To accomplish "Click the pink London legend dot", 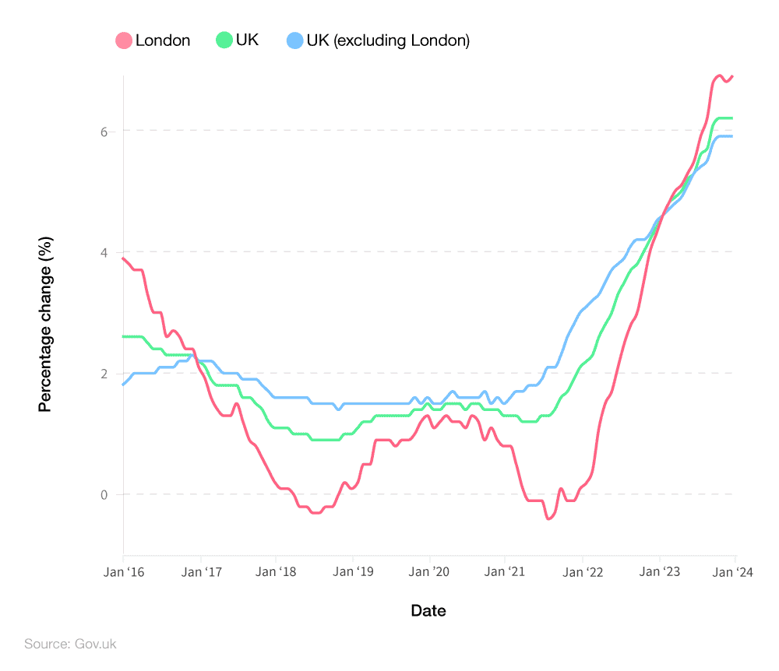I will pos(124,40).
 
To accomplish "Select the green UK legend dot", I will pos(224,40).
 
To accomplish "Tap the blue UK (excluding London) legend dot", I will pos(295,40).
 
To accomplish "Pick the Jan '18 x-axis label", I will pos(276,572).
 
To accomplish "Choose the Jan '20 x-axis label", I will pos(429,572).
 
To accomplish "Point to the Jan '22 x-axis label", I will pos(583,572).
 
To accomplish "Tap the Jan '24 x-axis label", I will pos(735,572).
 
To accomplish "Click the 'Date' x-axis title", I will pos(428,611).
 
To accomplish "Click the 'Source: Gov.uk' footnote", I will pos(70,645).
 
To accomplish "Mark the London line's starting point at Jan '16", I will pos(124,258).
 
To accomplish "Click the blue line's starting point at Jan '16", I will pos(124,385).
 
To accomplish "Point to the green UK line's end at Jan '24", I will pos(732,118).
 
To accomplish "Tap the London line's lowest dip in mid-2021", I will pos(548,518).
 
